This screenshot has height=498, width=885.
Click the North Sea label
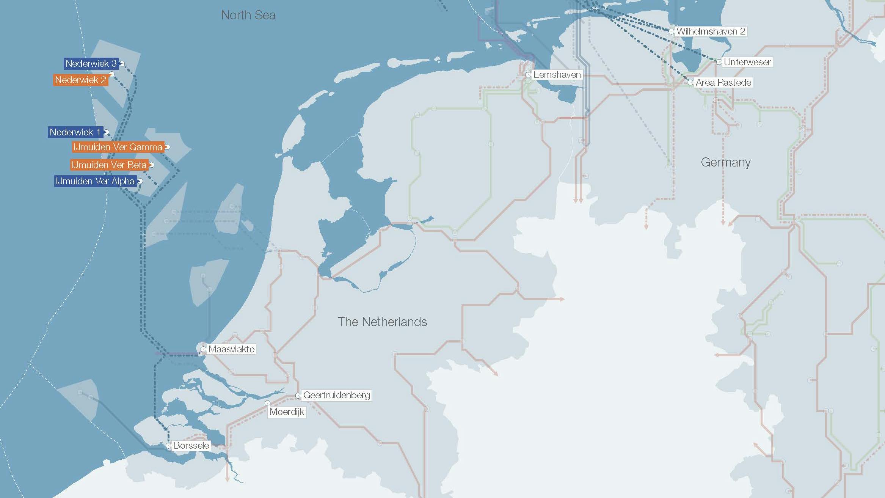point(248,15)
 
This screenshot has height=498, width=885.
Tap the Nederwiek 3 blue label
point(91,63)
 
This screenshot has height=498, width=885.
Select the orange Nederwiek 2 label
point(80,80)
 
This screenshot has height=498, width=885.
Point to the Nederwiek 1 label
point(75,132)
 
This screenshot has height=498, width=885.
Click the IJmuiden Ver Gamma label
point(118,147)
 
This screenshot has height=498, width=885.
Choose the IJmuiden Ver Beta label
point(109,165)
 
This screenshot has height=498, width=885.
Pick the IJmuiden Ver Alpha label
point(95,181)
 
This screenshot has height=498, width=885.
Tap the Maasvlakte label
point(231,349)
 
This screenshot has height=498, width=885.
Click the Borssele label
point(191,445)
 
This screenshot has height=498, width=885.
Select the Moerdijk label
point(287,412)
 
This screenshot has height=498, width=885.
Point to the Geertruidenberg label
point(336,395)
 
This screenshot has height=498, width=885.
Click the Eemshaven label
point(557,75)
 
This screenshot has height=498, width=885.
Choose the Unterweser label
point(747,62)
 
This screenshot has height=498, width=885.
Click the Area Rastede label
point(723,82)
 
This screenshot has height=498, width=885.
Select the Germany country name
point(726,162)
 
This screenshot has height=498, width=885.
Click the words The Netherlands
point(382,322)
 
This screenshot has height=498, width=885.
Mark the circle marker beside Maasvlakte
point(203,349)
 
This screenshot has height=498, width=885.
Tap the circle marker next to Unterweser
point(719,62)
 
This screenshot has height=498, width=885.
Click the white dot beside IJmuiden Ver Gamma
point(167,147)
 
